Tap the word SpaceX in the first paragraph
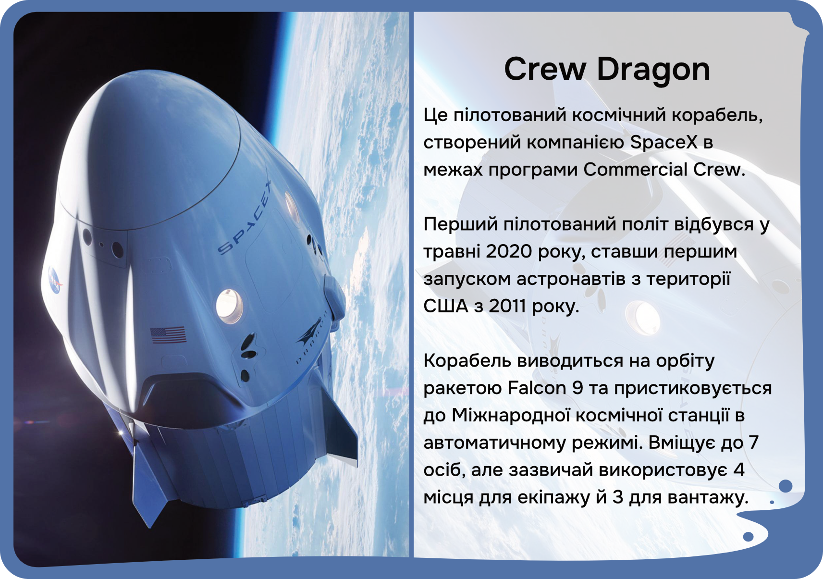pos(663,142)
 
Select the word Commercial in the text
pos(635,169)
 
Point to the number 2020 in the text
pos(508,252)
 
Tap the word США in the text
pos(446,306)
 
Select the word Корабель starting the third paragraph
pos(468,361)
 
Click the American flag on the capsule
pos(168,335)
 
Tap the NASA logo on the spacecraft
pos(55,280)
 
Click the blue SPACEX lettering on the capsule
pos(245,218)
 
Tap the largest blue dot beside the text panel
pos(786,486)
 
